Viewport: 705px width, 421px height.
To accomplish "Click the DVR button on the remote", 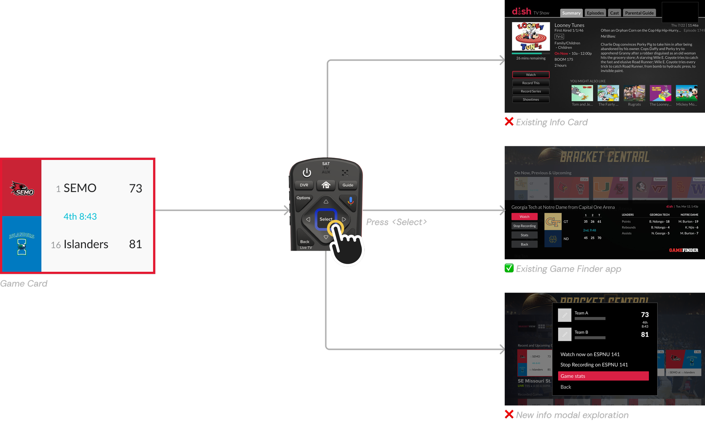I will click(x=304, y=185).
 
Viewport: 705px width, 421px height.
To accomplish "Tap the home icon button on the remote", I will click(x=326, y=185).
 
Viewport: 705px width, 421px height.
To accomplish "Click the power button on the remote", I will click(x=307, y=173).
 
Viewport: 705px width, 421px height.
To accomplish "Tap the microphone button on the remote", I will click(x=351, y=201).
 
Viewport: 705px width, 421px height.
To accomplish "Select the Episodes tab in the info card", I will click(x=595, y=13).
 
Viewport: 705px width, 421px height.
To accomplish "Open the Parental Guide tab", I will click(x=639, y=13).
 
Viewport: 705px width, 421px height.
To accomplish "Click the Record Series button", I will click(x=530, y=91).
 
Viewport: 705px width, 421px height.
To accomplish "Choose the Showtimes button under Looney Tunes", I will click(x=530, y=100).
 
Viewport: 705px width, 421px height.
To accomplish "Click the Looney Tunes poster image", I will click(x=530, y=37).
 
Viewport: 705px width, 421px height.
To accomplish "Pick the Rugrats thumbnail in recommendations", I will click(x=634, y=93).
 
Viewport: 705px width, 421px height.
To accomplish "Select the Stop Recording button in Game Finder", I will click(x=524, y=226).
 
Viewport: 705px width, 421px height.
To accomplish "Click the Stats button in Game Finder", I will click(x=524, y=235).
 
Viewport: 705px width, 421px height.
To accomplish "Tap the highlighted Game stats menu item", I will click(x=603, y=376).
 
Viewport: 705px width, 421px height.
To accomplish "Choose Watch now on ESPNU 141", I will click(x=590, y=354).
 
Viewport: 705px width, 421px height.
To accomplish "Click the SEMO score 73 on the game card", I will click(x=135, y=188).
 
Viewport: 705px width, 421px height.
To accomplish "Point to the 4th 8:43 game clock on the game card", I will click(x=80, y=217).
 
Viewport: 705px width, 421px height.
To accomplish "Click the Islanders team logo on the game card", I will click(x=22, y=243).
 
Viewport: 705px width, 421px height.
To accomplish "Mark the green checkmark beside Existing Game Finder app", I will click(x=509, y=268).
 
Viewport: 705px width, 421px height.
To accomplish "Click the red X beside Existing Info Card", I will click(x=509, y=122).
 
